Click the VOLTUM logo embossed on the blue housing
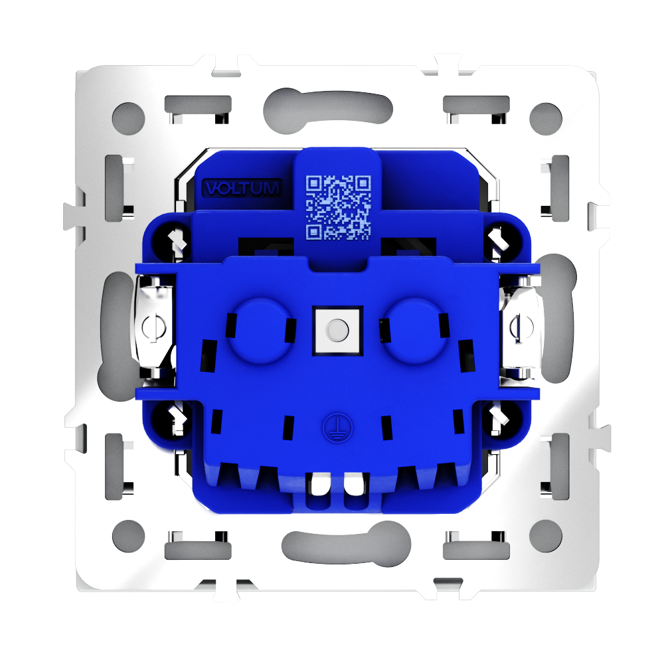click(242, 188)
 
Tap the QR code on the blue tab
click(338, 207)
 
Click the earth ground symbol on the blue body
click(337, 428)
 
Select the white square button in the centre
click(337, 330)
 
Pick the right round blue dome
click(415, 330)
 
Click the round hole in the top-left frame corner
click(129, 119)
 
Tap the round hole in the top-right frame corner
click(546, 119)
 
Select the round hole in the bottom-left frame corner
click(129, 536)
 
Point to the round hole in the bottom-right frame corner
click(546, 536)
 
